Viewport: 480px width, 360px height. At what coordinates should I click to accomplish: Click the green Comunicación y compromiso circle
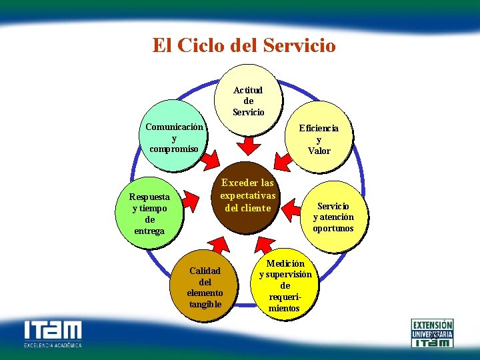tap(173, 137)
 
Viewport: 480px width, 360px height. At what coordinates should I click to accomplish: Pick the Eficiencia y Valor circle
tap(319, 139)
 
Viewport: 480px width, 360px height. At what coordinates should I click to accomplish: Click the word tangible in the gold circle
tap(205, 305)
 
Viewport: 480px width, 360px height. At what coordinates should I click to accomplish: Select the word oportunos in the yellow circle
tap(333, 229)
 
